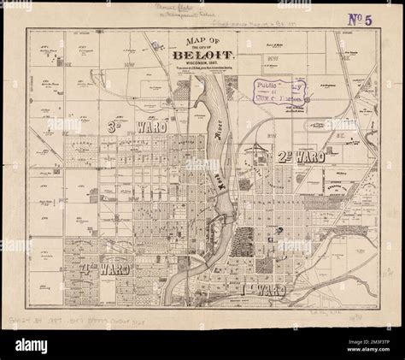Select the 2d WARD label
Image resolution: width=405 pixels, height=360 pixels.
(299, 157)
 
